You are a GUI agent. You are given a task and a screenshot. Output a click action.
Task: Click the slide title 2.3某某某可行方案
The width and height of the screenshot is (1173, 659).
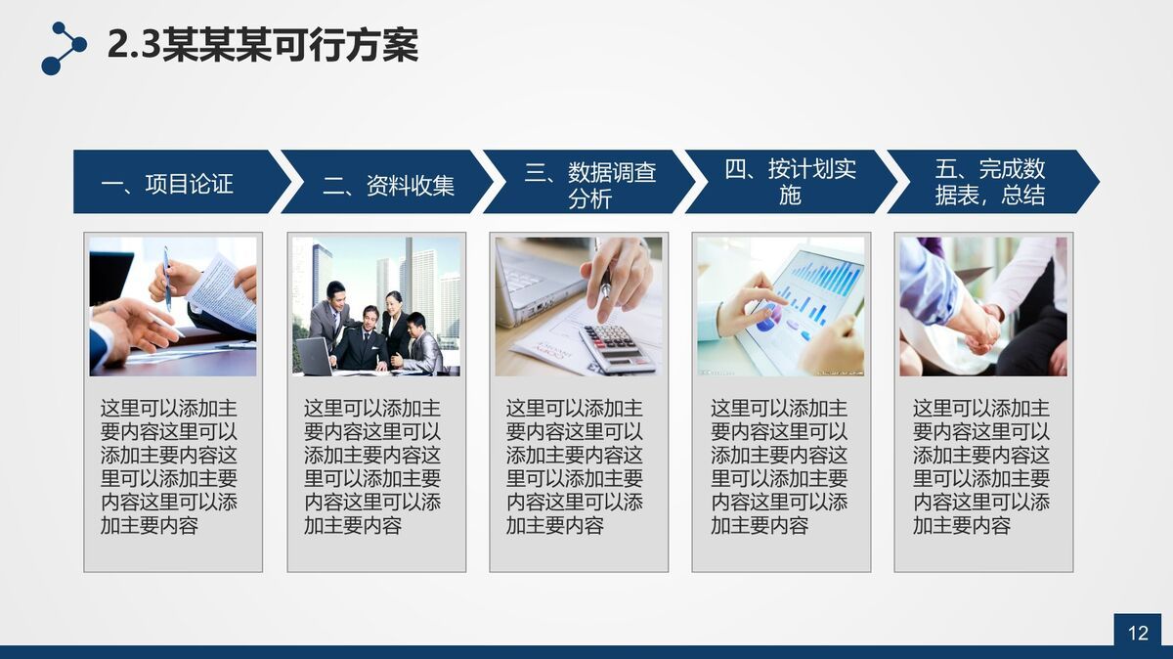pos(262,45)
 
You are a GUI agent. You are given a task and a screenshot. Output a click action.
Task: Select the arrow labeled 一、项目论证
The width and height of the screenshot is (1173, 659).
pos(176,183)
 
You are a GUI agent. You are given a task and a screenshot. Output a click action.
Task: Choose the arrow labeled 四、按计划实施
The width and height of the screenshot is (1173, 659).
pos(788,182)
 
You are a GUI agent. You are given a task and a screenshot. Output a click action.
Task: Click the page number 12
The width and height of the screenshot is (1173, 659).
pos(1138,633)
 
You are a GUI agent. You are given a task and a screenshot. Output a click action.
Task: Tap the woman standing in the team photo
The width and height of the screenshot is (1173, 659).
pos(396,323)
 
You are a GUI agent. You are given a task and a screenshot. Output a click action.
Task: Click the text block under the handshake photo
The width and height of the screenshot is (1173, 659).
pos(981,466)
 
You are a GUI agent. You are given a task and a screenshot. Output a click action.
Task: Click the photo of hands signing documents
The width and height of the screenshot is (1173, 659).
pos(173,306)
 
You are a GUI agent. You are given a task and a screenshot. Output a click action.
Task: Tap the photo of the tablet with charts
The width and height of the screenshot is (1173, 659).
pos(781,306)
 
